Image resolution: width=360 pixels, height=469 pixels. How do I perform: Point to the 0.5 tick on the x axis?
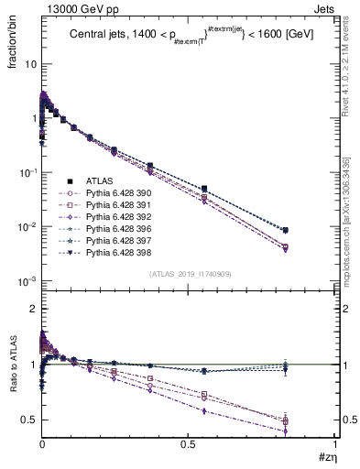[189, 446]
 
